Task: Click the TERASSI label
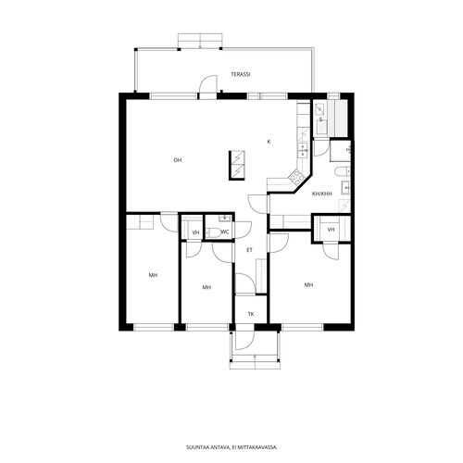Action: [x=241, y=74]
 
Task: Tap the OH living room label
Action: [x=177, y=160]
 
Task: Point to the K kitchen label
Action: [x=269, y=142]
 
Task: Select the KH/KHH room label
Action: [x=322, y=194]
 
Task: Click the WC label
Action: [x=225, y=232]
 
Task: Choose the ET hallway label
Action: [x=249, y=250]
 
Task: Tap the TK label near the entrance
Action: [x=251, y=314]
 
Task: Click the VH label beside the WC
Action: [x=195, y=232]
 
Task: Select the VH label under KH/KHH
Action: [x=331, y=230]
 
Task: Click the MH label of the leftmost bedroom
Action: [x=153, y=275]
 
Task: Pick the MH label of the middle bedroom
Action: [x=206, y=287]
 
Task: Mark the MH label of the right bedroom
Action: [x=309, y=284]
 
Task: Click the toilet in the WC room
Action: [x=213, y=232]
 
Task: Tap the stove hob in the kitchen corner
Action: [x=295, y=178]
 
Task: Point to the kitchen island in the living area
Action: [x=237, y=165]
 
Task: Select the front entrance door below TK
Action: [x=244, y=341]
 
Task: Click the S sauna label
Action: [x=320, y=119]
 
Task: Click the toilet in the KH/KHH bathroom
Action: [x=343, y=171]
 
